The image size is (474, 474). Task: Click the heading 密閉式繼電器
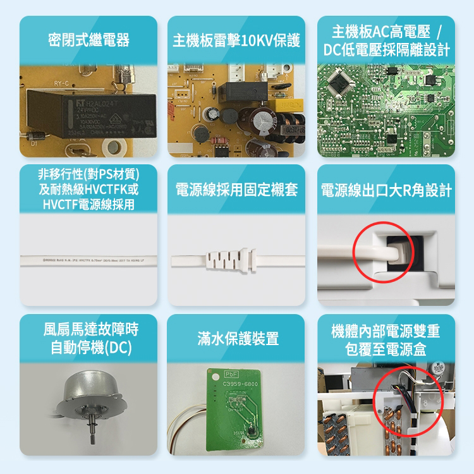coord(88,41)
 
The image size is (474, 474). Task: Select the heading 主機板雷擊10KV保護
coord(236,41)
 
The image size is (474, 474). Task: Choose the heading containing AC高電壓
coord(386,40)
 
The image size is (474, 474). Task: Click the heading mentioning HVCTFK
coord(88,189)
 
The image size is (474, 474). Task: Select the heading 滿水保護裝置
coord(236,339)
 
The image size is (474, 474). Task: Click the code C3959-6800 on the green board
coord(240,385)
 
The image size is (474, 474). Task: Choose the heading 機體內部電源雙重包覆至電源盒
coord(386,339)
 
